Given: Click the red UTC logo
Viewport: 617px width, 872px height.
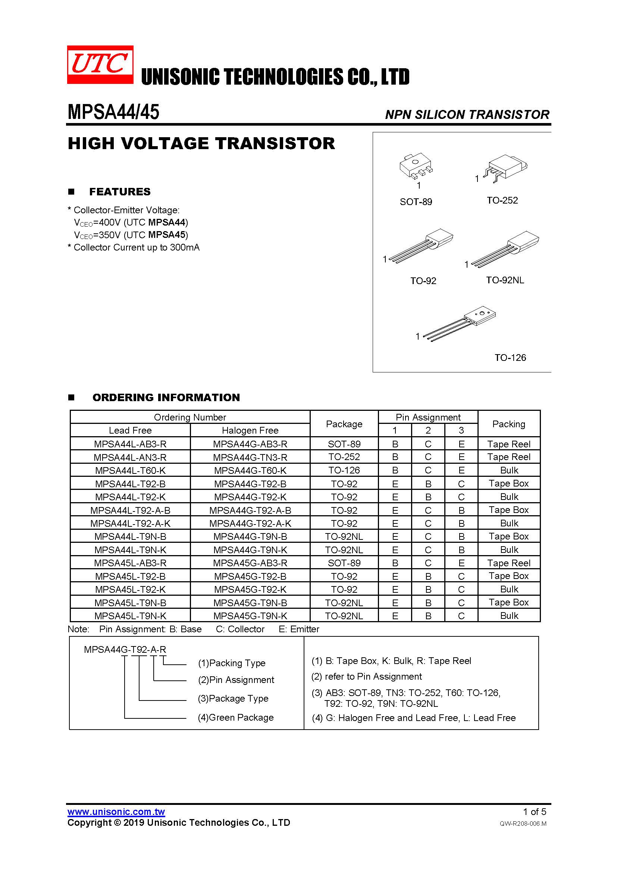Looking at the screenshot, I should (100, 64).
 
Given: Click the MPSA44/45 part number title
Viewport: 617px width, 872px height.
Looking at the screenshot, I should (113, 112).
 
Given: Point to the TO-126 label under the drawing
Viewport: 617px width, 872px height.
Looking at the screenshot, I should (510, 358).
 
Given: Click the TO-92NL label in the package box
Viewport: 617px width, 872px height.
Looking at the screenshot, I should (505, 280).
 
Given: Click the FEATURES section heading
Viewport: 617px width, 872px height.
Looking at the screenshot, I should (120, 192).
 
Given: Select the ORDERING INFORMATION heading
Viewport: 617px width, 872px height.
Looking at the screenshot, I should (166, 397).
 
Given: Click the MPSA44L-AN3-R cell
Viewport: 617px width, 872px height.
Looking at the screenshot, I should (130, 457).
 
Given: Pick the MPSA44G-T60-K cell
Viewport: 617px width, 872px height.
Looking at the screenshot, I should (250, 470).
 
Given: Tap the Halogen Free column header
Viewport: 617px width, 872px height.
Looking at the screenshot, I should (250, 430).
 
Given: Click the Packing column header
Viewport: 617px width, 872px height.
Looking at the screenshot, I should (508, 424).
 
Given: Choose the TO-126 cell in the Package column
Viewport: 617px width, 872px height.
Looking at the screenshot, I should (344, 470).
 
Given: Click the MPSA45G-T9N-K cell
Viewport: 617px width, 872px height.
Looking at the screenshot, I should (250, 616).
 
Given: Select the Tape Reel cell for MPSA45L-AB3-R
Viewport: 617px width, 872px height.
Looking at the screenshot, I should (508, 563).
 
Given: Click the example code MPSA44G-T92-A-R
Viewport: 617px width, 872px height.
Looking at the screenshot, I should (125, 649).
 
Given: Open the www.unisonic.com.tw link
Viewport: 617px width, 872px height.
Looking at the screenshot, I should (116, 812).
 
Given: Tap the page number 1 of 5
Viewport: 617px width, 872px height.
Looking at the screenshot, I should (534, 812).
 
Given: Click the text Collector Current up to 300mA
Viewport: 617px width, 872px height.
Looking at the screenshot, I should (136, 248).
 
